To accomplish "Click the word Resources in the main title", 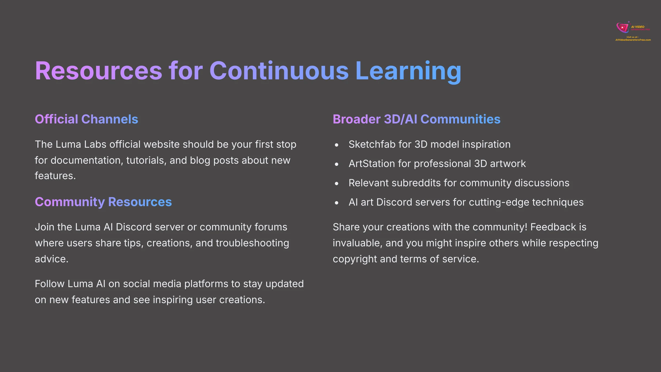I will (98, 71).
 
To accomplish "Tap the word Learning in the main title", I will (408, 71).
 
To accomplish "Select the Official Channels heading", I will (86, 119).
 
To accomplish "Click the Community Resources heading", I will (103, 202).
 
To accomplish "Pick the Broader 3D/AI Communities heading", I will (416, 119).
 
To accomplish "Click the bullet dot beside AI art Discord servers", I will (337, 203).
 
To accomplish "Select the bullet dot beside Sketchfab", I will (337, 145).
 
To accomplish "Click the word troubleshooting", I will (252, 243).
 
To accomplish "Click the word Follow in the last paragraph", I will (50, 284).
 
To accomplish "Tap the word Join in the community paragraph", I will (44, 227).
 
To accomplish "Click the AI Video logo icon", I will (623, 28).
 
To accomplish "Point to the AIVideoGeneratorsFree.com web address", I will (633, 40).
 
